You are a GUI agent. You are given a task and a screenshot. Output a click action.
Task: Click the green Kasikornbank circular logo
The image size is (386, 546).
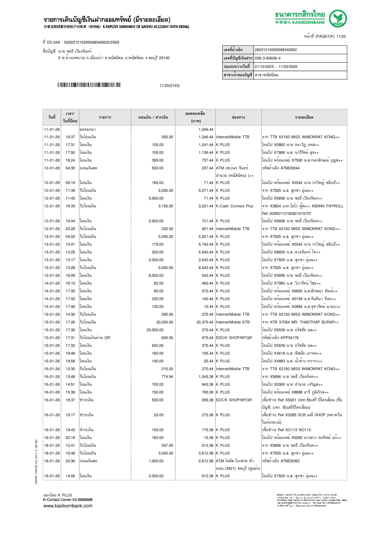[x=338, y=18]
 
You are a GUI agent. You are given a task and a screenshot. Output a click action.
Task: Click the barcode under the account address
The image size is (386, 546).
[x=89, y=85]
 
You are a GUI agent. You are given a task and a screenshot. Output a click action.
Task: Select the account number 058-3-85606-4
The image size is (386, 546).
[x=268, y=58]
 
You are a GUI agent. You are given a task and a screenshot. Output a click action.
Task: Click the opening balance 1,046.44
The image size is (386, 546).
[x=206, y=129]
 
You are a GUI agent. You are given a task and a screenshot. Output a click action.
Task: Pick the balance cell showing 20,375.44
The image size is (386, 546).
[x=205, y=322]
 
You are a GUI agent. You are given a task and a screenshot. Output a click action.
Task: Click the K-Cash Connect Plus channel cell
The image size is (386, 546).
[x=234, y=206]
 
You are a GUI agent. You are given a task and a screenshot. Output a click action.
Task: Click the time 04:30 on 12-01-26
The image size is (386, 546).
[x=70, y=168]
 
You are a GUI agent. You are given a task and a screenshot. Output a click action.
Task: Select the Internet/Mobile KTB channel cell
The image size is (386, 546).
[x=232, y=322]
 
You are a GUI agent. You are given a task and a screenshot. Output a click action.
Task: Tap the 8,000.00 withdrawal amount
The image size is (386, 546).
[x=156, y=275]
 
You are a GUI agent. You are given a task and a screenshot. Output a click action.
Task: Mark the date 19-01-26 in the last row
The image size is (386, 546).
[x=52, y=476]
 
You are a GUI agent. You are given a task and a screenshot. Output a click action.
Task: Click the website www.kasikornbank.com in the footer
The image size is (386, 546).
[x=68, y=506]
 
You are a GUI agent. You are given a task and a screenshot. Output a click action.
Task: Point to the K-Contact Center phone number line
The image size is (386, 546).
[x=68, y=500]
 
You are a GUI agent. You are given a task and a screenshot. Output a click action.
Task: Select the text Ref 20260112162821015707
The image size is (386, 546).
[x=286, y=214]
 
